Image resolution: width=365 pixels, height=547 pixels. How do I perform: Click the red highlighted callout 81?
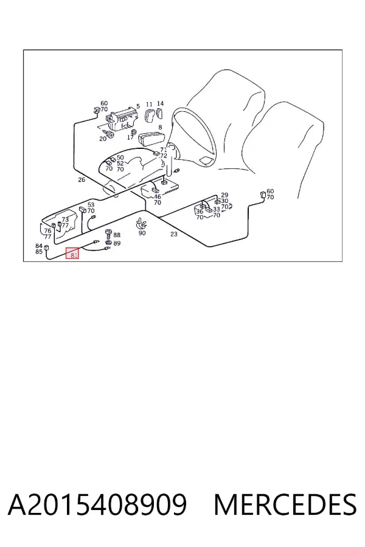tap(72, 253)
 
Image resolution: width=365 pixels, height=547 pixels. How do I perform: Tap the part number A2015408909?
tap(97, 504)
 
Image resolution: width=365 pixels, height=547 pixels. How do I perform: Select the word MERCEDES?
tap(285, 504)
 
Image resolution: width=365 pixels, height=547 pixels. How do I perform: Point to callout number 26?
tap(82, 180)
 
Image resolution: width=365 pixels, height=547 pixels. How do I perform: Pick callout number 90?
tap(142, 233)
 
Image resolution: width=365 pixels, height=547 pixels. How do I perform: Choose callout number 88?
tap(117, 235)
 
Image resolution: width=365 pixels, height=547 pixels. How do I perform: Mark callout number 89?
tap(117, 243)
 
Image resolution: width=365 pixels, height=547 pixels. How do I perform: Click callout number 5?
tap(138, 106)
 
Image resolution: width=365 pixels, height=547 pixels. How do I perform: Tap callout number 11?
tap(149, 104)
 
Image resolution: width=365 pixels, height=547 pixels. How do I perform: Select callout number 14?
tap(160, 103)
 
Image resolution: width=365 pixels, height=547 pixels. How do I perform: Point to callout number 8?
tap(161, 128)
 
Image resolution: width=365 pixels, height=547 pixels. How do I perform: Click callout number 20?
tap(103, 139)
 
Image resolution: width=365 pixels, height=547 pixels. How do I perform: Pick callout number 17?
tap(130, 137)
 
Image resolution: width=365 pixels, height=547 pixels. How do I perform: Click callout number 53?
tap(91, 205)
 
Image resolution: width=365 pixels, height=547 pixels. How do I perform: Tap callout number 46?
tap(158, 197)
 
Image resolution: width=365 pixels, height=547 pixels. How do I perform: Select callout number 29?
tap(224, 195)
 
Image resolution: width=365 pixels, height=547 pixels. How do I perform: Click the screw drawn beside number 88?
tap(108, 233)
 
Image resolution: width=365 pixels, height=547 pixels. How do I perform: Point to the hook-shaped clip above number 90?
tap(141, 223)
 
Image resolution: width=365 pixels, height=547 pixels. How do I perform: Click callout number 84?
tap(39, 246)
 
